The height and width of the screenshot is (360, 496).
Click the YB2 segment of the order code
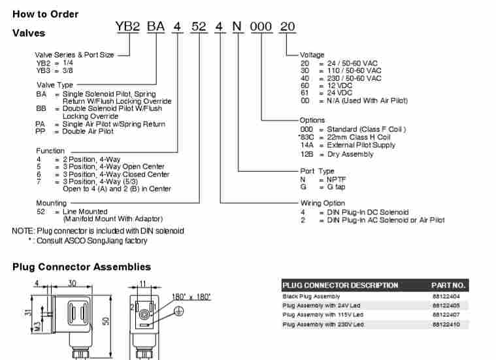click(x=127, y=27)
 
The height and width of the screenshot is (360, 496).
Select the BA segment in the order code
click(x=156, y=27)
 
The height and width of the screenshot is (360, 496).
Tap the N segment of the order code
click(x=237, y=27)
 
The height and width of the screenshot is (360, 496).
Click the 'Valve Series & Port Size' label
click(x=74, y=55)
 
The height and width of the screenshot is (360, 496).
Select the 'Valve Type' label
click(x=54, y=85)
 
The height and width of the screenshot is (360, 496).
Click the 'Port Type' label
click(x=317, y=171)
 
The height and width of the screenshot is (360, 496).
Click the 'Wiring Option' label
click(x=323, y=203)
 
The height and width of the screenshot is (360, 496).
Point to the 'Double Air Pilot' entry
click(x=88, y=131)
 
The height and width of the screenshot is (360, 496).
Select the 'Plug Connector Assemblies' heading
click(x=82, y=267)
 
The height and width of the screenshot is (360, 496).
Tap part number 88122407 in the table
click(x=446, y=315)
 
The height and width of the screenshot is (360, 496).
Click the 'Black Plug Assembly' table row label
click(x=311, y=296)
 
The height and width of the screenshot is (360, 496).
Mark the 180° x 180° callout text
click(x=191, y=297)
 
